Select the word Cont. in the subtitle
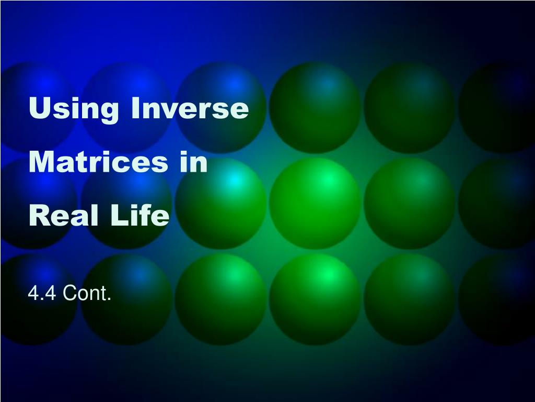(87, 295)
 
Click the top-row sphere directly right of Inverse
(315, 108)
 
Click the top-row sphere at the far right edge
(499, 108)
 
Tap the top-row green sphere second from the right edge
(409, 108)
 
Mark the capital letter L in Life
(116, 216)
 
